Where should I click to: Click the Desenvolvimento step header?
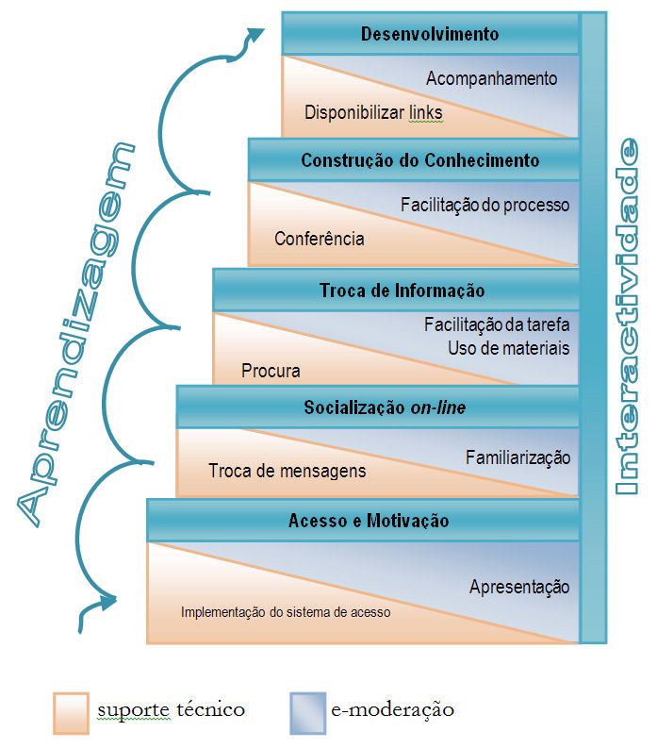point(430,35)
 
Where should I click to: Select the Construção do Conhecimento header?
point(420,160)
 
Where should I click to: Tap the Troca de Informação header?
point(402,291)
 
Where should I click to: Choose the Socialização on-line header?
point(385,407)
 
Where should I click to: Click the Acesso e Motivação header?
point(369,521)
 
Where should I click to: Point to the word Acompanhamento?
point(491,79)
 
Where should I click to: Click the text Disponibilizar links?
point(373,113)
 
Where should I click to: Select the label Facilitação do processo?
point(485,204)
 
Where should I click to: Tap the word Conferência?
point(320,239)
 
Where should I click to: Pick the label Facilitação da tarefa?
point(497,325)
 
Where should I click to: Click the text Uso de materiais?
point(509,348)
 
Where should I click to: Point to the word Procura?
point(271,371)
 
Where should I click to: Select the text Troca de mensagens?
point(287,470)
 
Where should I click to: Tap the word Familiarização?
point(518,457)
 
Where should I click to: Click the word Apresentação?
point(519,587)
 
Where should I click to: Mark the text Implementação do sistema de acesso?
point(286,611)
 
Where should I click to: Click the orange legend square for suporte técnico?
point(72,712)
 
